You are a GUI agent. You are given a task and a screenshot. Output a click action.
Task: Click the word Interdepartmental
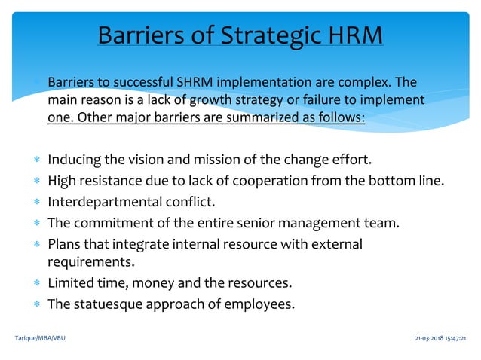97,201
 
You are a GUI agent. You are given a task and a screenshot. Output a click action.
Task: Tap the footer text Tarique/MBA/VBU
40,338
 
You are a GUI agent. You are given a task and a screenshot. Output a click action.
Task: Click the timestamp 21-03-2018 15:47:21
440,338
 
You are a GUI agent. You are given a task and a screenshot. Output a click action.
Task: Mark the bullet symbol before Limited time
36,283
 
